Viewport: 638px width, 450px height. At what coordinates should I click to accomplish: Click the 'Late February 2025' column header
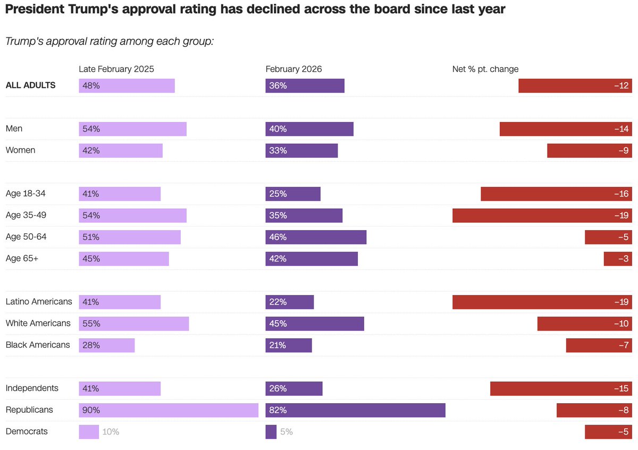(116, 69)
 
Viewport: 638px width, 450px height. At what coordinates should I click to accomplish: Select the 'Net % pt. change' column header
(485, 69)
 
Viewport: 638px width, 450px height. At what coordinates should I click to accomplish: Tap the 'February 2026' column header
(293, 69)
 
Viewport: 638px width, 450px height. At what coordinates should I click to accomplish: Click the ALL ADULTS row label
(30, 85)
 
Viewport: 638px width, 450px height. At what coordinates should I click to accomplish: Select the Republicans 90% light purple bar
(169, 410)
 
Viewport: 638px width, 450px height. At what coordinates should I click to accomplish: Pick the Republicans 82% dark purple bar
(355, 410)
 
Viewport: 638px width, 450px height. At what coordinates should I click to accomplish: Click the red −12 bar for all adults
(575, 86)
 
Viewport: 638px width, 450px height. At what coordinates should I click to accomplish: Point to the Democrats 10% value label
(111, 432)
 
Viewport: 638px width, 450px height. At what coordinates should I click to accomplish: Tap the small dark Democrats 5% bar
(271, 432)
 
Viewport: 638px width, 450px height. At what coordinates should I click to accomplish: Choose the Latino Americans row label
(39, 302)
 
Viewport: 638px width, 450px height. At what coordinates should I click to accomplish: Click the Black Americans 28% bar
(107, 345)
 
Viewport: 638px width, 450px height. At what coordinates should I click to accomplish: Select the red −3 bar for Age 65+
(617, 259)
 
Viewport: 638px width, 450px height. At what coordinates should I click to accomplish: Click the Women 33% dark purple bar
(301, 151)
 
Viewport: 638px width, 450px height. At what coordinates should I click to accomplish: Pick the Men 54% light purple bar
(133, 129)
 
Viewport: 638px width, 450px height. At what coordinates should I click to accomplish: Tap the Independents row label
(32, 388)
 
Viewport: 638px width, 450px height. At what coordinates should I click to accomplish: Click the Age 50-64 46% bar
(316, 237)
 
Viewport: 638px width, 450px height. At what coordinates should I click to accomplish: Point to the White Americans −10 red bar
(584, 324)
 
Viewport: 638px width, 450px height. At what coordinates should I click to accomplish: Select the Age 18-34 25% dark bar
(293, 194)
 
